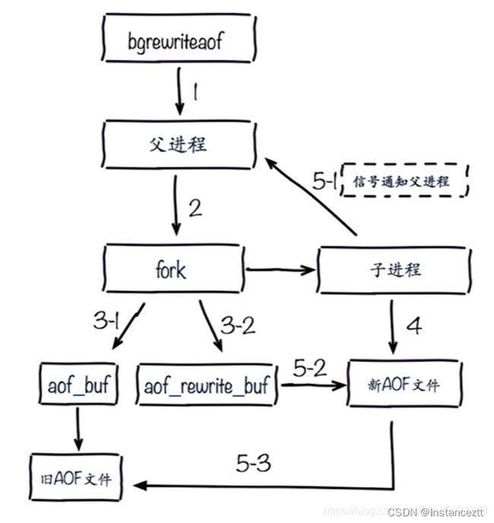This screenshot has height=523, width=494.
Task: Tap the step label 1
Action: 195,92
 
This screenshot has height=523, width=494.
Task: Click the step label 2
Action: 195,208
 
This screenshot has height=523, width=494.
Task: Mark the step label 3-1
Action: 106,321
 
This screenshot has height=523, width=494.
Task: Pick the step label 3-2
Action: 238,325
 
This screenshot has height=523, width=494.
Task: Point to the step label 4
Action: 414,325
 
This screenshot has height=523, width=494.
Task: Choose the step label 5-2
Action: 310,368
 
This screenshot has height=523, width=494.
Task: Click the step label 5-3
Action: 254,463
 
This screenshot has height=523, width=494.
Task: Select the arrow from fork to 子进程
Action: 280,270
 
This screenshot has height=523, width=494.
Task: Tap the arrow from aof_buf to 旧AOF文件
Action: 78,429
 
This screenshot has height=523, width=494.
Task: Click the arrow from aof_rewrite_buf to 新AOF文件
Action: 314,385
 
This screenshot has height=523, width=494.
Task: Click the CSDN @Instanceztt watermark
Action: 435,512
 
